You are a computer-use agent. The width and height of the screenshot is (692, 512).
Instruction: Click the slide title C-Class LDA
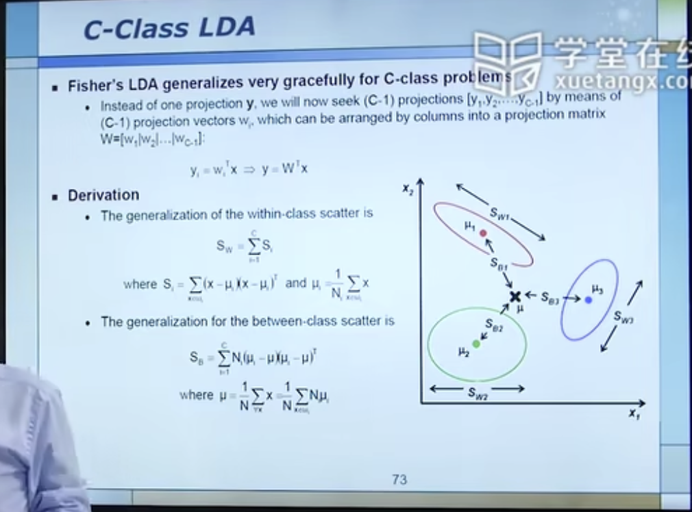[x=169, y=28]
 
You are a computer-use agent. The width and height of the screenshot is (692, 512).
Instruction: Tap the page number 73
[x=399, y=480]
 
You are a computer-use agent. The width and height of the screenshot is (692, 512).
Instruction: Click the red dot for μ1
[x=483, y=233]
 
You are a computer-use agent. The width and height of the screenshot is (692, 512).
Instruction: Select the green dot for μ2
[x=476, y=343]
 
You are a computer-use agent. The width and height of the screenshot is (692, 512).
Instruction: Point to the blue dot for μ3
[x=588, y=300]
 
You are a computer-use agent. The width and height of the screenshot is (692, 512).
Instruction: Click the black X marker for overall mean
[x=515, y=296]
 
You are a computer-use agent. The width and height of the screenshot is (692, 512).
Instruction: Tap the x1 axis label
[x=634, y=413]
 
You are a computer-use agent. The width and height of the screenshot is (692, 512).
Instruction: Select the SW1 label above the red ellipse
[x=500, y=213]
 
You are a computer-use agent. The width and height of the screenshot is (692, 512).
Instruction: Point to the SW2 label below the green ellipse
[x=477, y=392]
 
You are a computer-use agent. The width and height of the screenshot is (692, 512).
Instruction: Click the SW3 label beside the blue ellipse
[x=623, y=316]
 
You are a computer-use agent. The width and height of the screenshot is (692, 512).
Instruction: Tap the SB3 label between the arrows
[x=550, y=297]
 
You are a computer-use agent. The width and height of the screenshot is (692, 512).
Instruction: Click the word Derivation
[x=103, y=196]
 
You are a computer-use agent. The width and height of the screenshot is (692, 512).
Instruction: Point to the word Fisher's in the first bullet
[x=94, y=86]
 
